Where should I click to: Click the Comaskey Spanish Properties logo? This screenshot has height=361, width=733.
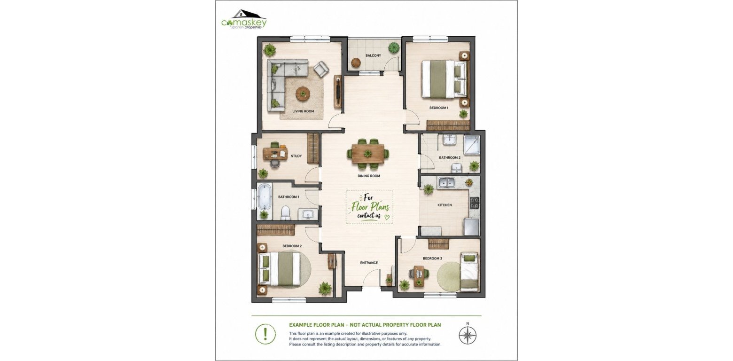coord(244,20)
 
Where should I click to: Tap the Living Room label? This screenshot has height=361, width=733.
coord(303,111)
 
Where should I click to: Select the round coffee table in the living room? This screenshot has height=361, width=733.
coord(303,94)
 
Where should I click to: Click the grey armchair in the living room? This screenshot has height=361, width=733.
coord(321,70)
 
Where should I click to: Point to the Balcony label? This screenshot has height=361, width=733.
coord(373,55)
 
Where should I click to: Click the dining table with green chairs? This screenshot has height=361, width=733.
coord(368,153)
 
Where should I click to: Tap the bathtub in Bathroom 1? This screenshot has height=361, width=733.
coord(265,197)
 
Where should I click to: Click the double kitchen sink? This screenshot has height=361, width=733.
coord(447,183)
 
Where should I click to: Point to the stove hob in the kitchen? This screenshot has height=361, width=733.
coord(475,203)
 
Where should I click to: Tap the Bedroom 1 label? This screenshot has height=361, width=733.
coord(439,108)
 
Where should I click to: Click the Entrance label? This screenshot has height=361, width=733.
coord(369,263)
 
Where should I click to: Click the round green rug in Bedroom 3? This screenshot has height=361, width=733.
coord(449,276)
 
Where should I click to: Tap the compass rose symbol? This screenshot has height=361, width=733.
coord(468,335)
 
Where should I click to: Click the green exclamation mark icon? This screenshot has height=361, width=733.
coord(265,334)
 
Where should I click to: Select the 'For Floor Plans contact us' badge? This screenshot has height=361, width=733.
coord(369,207)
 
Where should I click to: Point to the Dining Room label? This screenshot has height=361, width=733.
coord(368,176)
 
